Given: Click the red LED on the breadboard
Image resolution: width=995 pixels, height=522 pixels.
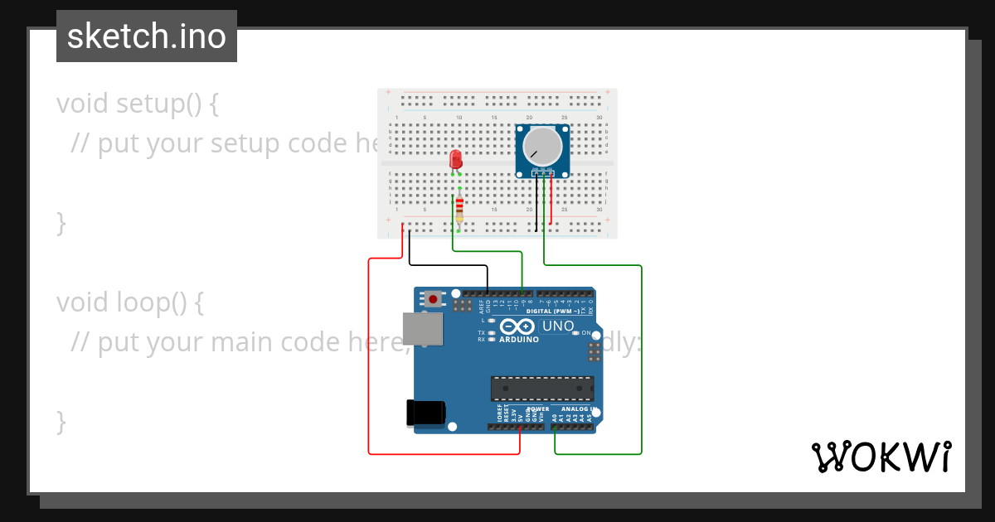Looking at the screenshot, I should (455, 158).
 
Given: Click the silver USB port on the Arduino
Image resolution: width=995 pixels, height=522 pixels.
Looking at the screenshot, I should (422, 329).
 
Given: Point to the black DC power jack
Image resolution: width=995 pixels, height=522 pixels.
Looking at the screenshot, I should (425, 413).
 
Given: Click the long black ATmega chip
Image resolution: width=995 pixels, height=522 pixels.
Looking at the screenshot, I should (542, 388).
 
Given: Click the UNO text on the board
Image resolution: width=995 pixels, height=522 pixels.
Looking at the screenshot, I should (557, 326).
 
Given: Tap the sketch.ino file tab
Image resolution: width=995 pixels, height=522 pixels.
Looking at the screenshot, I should (147, 36).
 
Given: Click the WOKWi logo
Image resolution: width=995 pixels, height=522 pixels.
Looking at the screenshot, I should (881, 457).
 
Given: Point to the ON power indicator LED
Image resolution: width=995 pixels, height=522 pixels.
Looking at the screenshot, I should (585, 333).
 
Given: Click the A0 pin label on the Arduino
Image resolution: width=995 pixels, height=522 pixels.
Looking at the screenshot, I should (555, 418).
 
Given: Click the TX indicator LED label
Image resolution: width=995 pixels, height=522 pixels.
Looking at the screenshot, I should (481, 333).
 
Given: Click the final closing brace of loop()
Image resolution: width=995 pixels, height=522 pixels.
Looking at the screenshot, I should (61, 421).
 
